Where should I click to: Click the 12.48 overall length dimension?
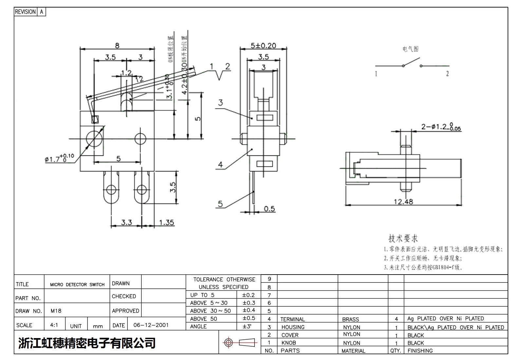tap(403, 202)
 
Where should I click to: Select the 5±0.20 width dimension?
tap(263, 45)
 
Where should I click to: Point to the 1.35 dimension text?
tap(166, 223)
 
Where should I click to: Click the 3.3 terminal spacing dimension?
tap(126, 223)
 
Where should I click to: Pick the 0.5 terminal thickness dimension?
tap(269, 209)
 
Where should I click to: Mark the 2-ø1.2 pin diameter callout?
tap(441, 127)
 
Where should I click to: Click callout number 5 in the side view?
tap(220, 204)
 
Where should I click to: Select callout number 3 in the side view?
tap(220, 103)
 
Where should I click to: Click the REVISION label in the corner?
tap(25, 12)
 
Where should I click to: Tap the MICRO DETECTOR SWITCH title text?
tap(77, 285)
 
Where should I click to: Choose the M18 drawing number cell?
tap(56, 311)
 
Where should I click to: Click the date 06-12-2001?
tap(151, 325)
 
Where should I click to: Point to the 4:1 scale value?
tap(54, 325)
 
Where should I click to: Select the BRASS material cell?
tap(350, 319)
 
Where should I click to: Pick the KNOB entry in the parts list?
tap(289, 343)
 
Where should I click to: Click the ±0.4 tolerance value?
tap(249, 310)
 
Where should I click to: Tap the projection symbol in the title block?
tap(240, 343)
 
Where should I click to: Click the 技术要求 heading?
tap(403, 238)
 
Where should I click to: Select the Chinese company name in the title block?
tap(87, 343)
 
